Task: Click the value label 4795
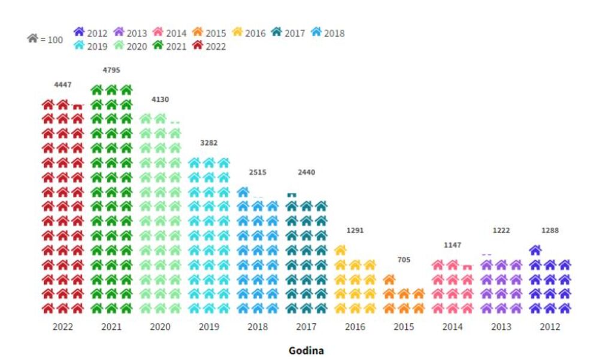pos(111,70)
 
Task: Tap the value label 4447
pos(62,85)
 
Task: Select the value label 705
pos(404,260)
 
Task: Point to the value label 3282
pos(209,143)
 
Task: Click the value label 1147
pos(452,245)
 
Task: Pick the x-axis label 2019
pos(209,327)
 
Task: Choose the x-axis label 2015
pos(404,327)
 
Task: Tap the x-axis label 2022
pos(62,327)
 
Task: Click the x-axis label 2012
pos(550,327)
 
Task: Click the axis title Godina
pos(306,350)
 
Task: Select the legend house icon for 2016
pos(237,32)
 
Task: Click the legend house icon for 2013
pos(119,32)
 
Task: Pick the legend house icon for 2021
pos(158,46)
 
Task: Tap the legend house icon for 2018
pos(316,32)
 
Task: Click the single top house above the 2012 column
pos(536,250)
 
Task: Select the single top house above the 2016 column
pos(340,250)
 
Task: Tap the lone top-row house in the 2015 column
pos(389,279)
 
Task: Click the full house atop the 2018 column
pos(243,192)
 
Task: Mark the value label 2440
pos(306,173)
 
